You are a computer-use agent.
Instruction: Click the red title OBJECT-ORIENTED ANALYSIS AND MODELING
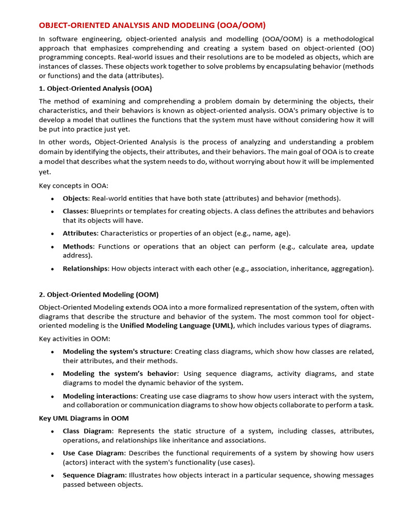[152, 25]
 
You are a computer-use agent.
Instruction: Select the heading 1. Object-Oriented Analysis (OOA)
[95, 88]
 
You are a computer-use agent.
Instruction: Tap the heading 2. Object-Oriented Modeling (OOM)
[98, 294]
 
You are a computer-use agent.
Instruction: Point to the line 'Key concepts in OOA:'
[74, 186]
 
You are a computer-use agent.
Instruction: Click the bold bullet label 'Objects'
[76, 199]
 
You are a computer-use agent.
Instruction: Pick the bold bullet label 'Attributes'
[79, 233]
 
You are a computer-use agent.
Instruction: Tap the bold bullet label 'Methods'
[78, 246]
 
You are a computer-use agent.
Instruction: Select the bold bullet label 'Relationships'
[85, 269]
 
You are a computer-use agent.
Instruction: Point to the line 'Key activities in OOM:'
[75, 339]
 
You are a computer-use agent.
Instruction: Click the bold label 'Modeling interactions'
[100, 396]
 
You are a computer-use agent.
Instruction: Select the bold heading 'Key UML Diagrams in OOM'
[84, 418]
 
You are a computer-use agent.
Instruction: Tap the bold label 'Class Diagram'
[87, 431]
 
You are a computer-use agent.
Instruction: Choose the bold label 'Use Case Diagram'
[93, 453]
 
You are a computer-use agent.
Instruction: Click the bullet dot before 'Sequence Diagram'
[53, 476]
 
